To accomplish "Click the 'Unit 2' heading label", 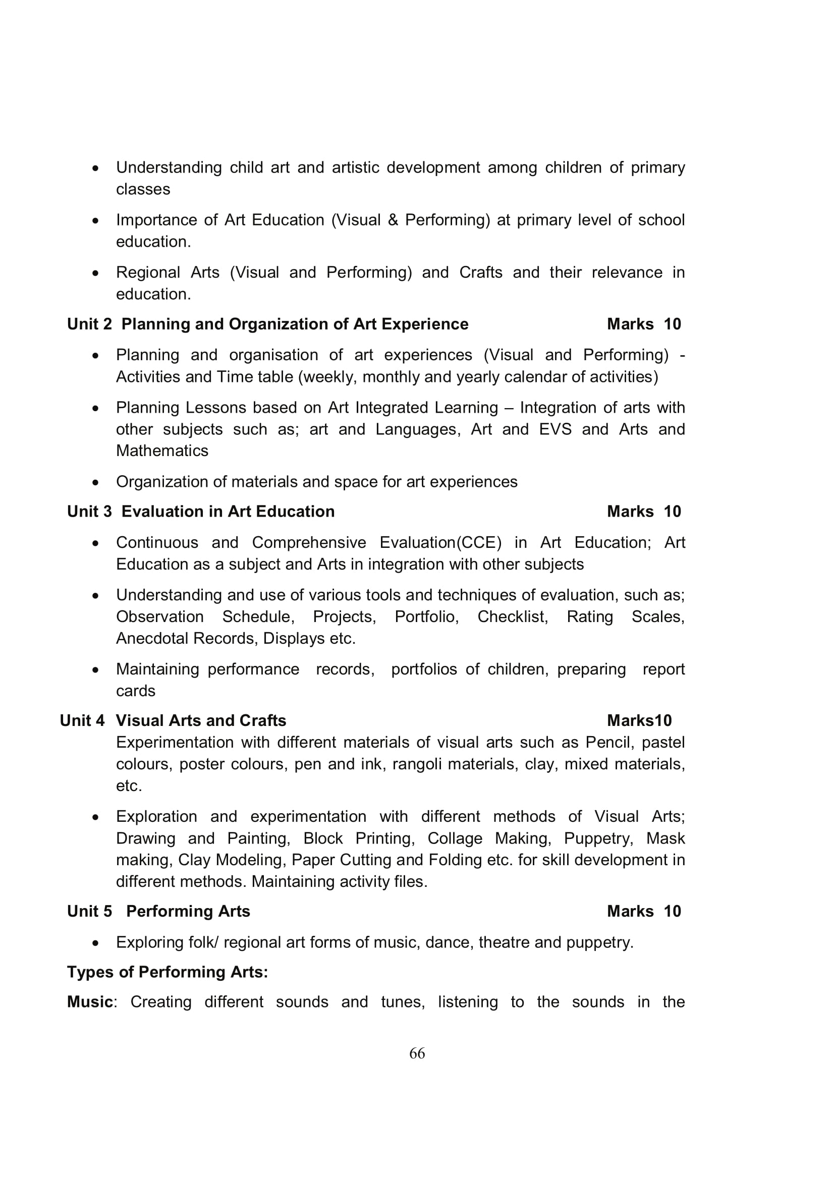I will coord(89,324).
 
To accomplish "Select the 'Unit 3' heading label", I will coord(89,512).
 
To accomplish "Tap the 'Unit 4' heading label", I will coord(82,720).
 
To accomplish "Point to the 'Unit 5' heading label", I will coord(89,911).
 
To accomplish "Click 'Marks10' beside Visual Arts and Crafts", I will coord(639,720).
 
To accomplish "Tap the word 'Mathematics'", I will coord(162,451).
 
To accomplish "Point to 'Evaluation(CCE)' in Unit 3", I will coord(440,543).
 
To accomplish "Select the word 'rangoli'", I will coord(417,764).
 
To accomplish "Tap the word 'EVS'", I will coord(555,429).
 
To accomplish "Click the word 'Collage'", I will coord(455,838).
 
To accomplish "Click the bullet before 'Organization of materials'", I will coord(95,483).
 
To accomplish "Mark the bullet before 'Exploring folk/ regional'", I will coord(95,943).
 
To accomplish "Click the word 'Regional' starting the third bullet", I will coord(147,272).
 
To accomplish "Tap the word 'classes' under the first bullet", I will coord(143,189).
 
